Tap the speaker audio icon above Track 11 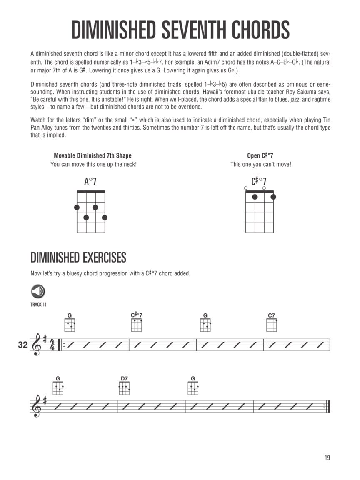point(38,291)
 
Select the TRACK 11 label point(38,305)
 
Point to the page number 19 point(327,458)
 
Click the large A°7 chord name point(90,182)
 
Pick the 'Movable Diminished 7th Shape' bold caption point(92,156)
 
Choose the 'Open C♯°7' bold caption point(260,156)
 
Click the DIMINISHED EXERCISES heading point(78,257)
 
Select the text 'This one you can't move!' point(261,165)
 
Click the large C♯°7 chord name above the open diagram point(259,182)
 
